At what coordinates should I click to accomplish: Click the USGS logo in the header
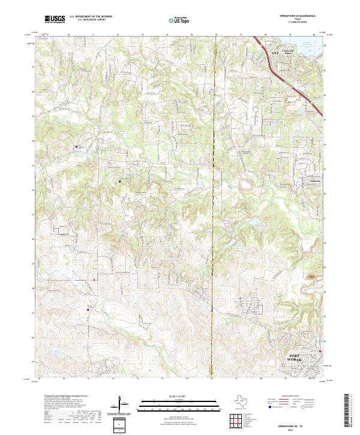55,20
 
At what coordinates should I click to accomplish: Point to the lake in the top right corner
309,43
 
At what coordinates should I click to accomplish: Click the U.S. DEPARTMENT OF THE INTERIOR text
91,17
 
